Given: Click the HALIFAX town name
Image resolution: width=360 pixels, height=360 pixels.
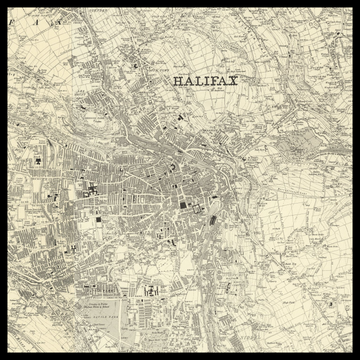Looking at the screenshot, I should coord(205,82).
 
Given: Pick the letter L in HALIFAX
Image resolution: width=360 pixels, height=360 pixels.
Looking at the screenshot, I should coord(197,82).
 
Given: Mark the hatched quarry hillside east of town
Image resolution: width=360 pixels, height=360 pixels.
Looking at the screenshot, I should coord(299,150).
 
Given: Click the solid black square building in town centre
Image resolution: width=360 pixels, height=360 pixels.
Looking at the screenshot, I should coord(184,208).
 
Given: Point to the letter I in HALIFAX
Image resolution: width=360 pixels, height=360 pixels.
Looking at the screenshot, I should coord(205,82).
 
